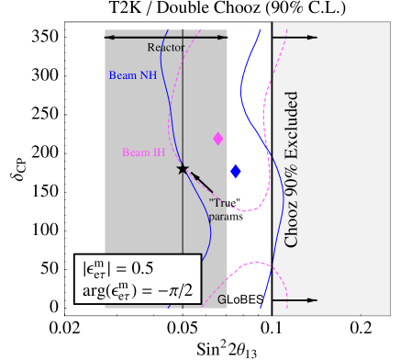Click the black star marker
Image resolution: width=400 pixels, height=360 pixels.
tap(183, 169)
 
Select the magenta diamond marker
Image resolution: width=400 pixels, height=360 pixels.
tap(218, 139)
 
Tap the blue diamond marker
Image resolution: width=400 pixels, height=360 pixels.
tap(236, 171)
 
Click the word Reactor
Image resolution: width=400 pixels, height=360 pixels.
tap(165, 47)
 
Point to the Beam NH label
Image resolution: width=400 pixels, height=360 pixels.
tap(132, 75)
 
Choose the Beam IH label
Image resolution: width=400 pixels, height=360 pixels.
tap(143, 152)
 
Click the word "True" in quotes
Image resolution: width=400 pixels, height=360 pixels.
tap(224, 203)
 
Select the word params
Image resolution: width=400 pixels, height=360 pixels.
tap(226, 217)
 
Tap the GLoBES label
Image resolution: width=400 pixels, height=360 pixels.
tap(240, 299)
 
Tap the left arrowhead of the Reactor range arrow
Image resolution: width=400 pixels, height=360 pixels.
tap(108, 37)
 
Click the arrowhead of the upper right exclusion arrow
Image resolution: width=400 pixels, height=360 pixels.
tap(313, 38)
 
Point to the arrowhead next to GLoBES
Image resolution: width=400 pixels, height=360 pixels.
tap(313, 300)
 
